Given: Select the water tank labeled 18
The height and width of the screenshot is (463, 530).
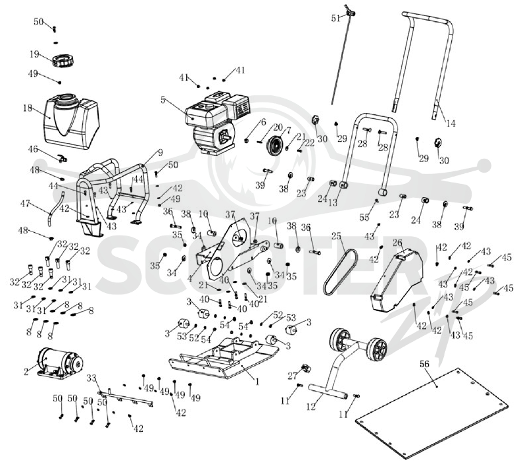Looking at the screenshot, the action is (72, 121).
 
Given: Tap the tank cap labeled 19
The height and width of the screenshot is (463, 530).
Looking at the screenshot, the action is (62, 61).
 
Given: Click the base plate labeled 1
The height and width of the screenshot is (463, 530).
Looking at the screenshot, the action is (224, 359).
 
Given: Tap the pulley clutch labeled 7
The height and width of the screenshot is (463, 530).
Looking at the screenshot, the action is (276, 146).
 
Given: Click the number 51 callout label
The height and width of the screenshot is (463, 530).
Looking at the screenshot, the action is (336, 19).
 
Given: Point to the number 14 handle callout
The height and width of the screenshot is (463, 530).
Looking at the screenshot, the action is (451, 124).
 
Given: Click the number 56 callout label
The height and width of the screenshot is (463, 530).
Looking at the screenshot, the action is (425, 364).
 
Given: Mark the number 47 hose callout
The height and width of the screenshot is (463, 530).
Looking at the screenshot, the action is (25, 204).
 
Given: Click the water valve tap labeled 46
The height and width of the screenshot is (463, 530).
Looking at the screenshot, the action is (62, 157).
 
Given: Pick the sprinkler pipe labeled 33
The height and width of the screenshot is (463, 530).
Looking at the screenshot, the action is (126, 398).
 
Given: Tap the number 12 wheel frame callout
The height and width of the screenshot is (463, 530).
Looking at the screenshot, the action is (311, 406).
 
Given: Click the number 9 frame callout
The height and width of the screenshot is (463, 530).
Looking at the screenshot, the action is (160, 153).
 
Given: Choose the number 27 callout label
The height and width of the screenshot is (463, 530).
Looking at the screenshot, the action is (292, 375).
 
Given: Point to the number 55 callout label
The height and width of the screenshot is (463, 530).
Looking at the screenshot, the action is (364, 218).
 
